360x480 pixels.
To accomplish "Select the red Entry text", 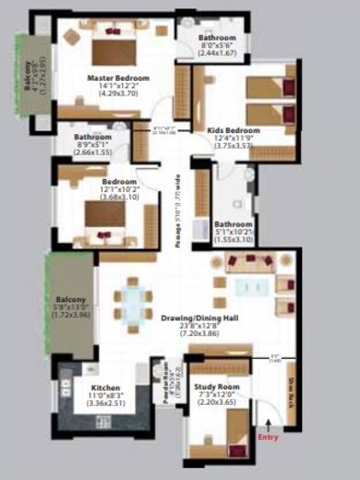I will coord(267,438).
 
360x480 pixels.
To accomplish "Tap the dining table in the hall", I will coord(134,304).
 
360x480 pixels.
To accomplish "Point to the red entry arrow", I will coord(267,423).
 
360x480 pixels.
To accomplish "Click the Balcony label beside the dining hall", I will coord(70,299).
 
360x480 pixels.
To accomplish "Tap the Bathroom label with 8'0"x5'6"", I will coord(218,38).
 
